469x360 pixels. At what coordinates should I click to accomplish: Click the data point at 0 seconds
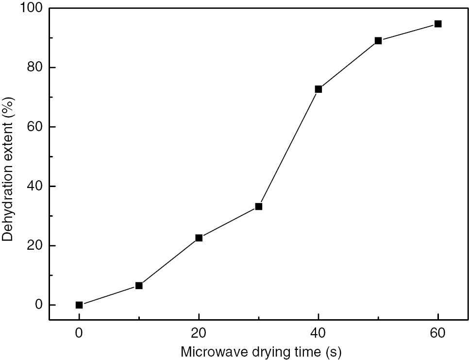79,305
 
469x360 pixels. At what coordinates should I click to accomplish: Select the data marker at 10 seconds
139,286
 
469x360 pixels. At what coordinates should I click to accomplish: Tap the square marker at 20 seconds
199,238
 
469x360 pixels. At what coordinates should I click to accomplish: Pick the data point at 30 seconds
259,206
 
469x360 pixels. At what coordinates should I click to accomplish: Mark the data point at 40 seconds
318,89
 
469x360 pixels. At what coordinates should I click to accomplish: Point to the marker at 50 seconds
378,41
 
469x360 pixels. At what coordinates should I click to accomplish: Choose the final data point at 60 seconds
438,24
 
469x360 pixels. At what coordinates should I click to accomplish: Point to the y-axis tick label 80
35,68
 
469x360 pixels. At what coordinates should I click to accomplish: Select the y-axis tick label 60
35,127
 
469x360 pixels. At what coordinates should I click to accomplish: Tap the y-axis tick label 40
35,187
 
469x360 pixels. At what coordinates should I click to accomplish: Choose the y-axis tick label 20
35,246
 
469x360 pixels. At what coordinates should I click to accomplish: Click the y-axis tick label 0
39,305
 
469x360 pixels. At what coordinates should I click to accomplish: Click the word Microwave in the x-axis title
213,351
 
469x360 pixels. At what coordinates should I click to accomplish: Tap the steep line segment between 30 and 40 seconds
288,148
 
